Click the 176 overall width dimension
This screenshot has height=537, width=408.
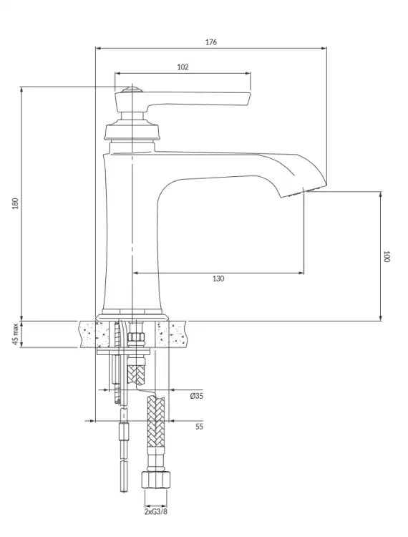click(211, 42)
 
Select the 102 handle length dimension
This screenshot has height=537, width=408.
click(183, 67)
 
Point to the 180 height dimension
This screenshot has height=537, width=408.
click(16, 203)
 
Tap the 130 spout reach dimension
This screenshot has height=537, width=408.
click(218, 279)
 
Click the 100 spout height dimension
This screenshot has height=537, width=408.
click(387, 256)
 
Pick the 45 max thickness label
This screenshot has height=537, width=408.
click(16, 334)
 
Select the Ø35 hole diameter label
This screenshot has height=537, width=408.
click(197, 396)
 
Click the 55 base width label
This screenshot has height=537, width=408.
click(199, 427)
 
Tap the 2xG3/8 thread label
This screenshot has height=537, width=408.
click(156, 512)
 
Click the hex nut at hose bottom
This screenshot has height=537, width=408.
click(156, 480)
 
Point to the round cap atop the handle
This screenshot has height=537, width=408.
click(132, 90)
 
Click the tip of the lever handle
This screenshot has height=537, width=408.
click(251, 99)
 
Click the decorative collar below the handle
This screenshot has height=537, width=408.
click(132, 130)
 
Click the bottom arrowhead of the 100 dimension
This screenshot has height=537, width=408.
click(381, 318)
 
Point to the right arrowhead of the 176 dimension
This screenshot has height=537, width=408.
click(324, 48)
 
